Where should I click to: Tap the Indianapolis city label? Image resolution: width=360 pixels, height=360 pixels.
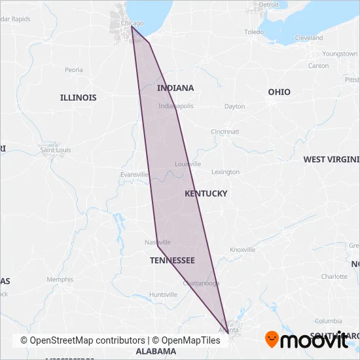176,106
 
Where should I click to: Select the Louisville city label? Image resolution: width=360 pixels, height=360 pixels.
188,164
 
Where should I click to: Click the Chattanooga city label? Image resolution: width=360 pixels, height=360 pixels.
201,283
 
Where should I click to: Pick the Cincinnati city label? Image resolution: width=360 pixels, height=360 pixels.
225,132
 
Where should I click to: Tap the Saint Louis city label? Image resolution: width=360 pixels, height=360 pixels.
56,150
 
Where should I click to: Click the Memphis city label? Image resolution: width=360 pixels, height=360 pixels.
60,279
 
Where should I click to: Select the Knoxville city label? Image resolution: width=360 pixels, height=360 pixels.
242,249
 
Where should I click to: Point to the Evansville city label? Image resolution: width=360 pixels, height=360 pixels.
135,175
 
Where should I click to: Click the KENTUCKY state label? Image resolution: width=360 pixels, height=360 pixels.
206,194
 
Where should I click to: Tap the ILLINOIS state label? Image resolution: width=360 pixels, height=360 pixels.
78,98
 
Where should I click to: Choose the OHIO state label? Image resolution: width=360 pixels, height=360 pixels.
279,92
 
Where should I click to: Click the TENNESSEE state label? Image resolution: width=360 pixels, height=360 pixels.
172,261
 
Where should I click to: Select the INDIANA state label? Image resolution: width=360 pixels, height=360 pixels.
175,88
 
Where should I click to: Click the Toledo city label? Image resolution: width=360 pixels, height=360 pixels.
254,31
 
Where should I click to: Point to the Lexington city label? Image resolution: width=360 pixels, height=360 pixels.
226,172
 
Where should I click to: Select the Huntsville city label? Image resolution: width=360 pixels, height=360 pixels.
163,295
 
